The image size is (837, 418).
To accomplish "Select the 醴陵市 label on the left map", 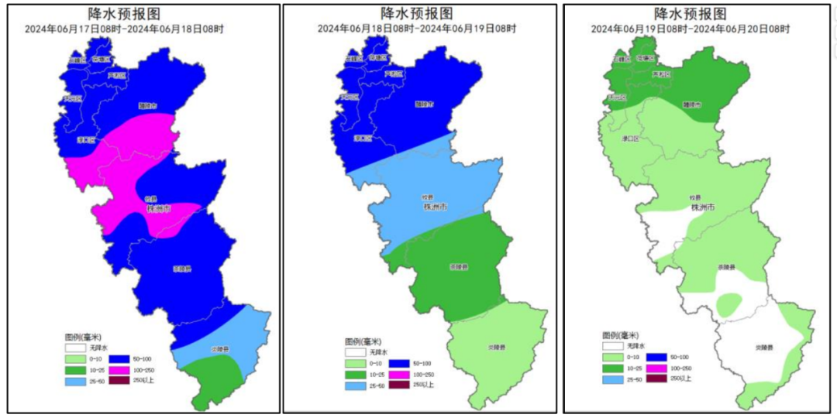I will [147, 105].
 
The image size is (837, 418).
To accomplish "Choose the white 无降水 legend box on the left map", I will [76, 349].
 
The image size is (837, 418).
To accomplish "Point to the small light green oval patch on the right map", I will [729, 304].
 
